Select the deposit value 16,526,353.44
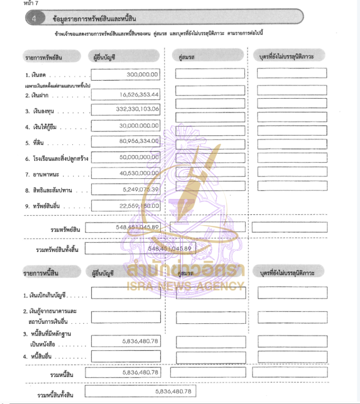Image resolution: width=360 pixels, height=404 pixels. coord(139,95)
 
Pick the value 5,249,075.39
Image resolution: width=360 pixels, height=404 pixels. coord(140,189)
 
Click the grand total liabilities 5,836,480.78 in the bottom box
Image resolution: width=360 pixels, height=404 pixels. coord(173,391)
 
